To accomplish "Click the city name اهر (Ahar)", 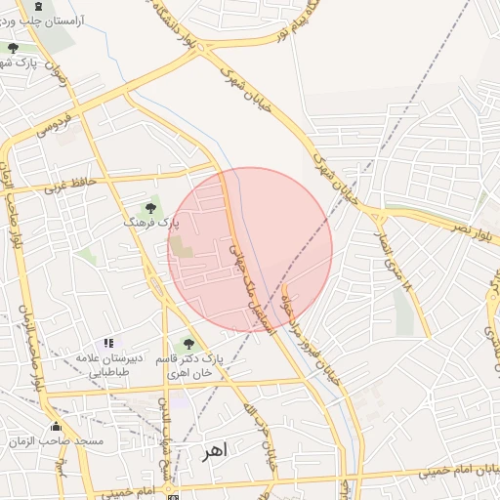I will pyautogui.click(x=213, y=452).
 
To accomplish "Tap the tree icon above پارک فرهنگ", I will pyautogui.click(x=150, y=207).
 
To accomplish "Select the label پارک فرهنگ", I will pyautogui.click(x=151, y=223).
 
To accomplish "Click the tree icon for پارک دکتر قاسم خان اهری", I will pyautogui.click(x=188, y=343).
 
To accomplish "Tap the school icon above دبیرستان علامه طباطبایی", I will pyautogui.click(x=108, y=344).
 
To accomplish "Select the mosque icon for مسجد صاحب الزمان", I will pyautogui.click(x=56, y=427).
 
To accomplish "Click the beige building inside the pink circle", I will pyautogui.click(x=183, y=247).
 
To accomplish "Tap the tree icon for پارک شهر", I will pyautogui.click(x=13, y=48).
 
